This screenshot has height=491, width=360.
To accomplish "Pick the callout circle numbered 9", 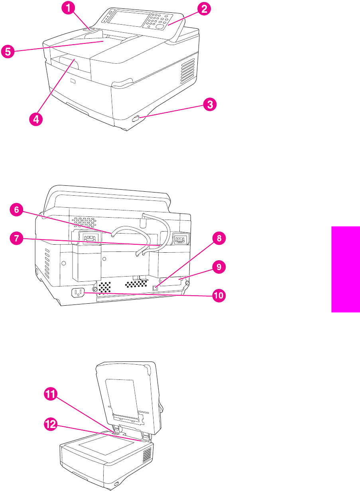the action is coord(218,267).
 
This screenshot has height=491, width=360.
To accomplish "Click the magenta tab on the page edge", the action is coord(345,269).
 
